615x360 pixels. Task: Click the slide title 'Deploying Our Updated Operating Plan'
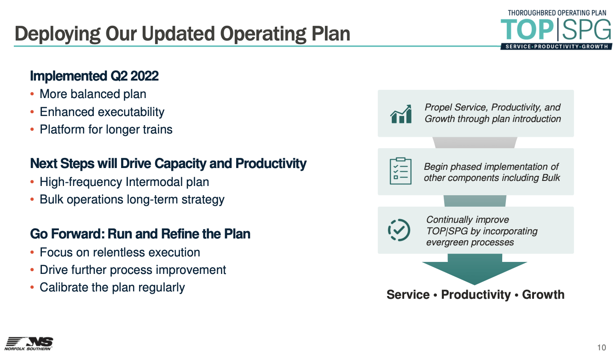click(182, 34)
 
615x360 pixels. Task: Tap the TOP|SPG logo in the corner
click(556, 29)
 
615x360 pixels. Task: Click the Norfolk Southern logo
click(29, 343)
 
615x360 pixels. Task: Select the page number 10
click(601, 348)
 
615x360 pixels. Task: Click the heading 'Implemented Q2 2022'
click(94, 76)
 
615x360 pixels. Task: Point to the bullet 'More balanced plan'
click(93, 94)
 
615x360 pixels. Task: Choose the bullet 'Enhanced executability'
click(102, 112)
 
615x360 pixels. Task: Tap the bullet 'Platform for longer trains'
click(106, 129)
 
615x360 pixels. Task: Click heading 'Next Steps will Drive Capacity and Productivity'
click(168, 163)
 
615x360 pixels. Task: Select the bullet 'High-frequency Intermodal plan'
click(124, 182)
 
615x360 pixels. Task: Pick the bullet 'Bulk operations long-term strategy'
click(132, 199)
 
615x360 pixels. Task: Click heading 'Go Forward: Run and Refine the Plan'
click(140, 234)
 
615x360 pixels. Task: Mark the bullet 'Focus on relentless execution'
click(120, 252)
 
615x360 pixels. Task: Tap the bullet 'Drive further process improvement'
click(133, 270)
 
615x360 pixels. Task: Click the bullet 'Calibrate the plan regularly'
click(112, 287)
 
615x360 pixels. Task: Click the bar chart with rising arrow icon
click(400, 114)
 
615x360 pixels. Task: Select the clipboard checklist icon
click(400, 171)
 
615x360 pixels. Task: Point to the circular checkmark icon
click(399, 230)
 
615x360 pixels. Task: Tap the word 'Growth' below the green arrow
click(543, 295)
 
